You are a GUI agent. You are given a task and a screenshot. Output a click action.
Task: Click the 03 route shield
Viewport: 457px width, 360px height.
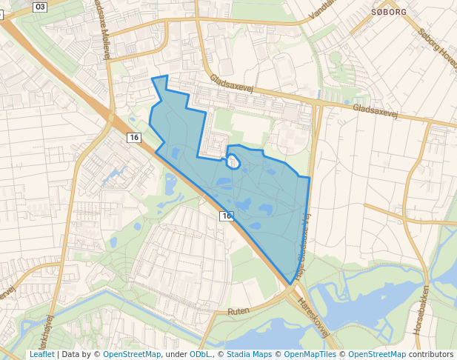40,7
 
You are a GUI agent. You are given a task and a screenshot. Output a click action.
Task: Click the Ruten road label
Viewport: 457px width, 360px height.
238,311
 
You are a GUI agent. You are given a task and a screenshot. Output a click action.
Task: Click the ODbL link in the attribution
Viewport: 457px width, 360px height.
199,354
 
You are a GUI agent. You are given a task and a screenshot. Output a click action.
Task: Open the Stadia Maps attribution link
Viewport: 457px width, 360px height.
249,354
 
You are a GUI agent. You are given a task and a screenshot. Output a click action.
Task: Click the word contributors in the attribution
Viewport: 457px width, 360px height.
431,354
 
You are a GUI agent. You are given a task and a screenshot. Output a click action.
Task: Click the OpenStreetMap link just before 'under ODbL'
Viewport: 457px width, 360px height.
132,354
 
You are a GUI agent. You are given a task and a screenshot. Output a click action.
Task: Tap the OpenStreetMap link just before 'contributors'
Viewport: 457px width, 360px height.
377,354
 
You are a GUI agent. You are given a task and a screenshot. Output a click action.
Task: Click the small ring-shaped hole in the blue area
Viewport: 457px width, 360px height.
233,161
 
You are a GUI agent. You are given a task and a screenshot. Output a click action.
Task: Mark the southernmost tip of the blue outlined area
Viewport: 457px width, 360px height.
288,283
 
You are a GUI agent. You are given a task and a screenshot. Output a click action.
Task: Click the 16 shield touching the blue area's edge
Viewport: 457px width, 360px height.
226,216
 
